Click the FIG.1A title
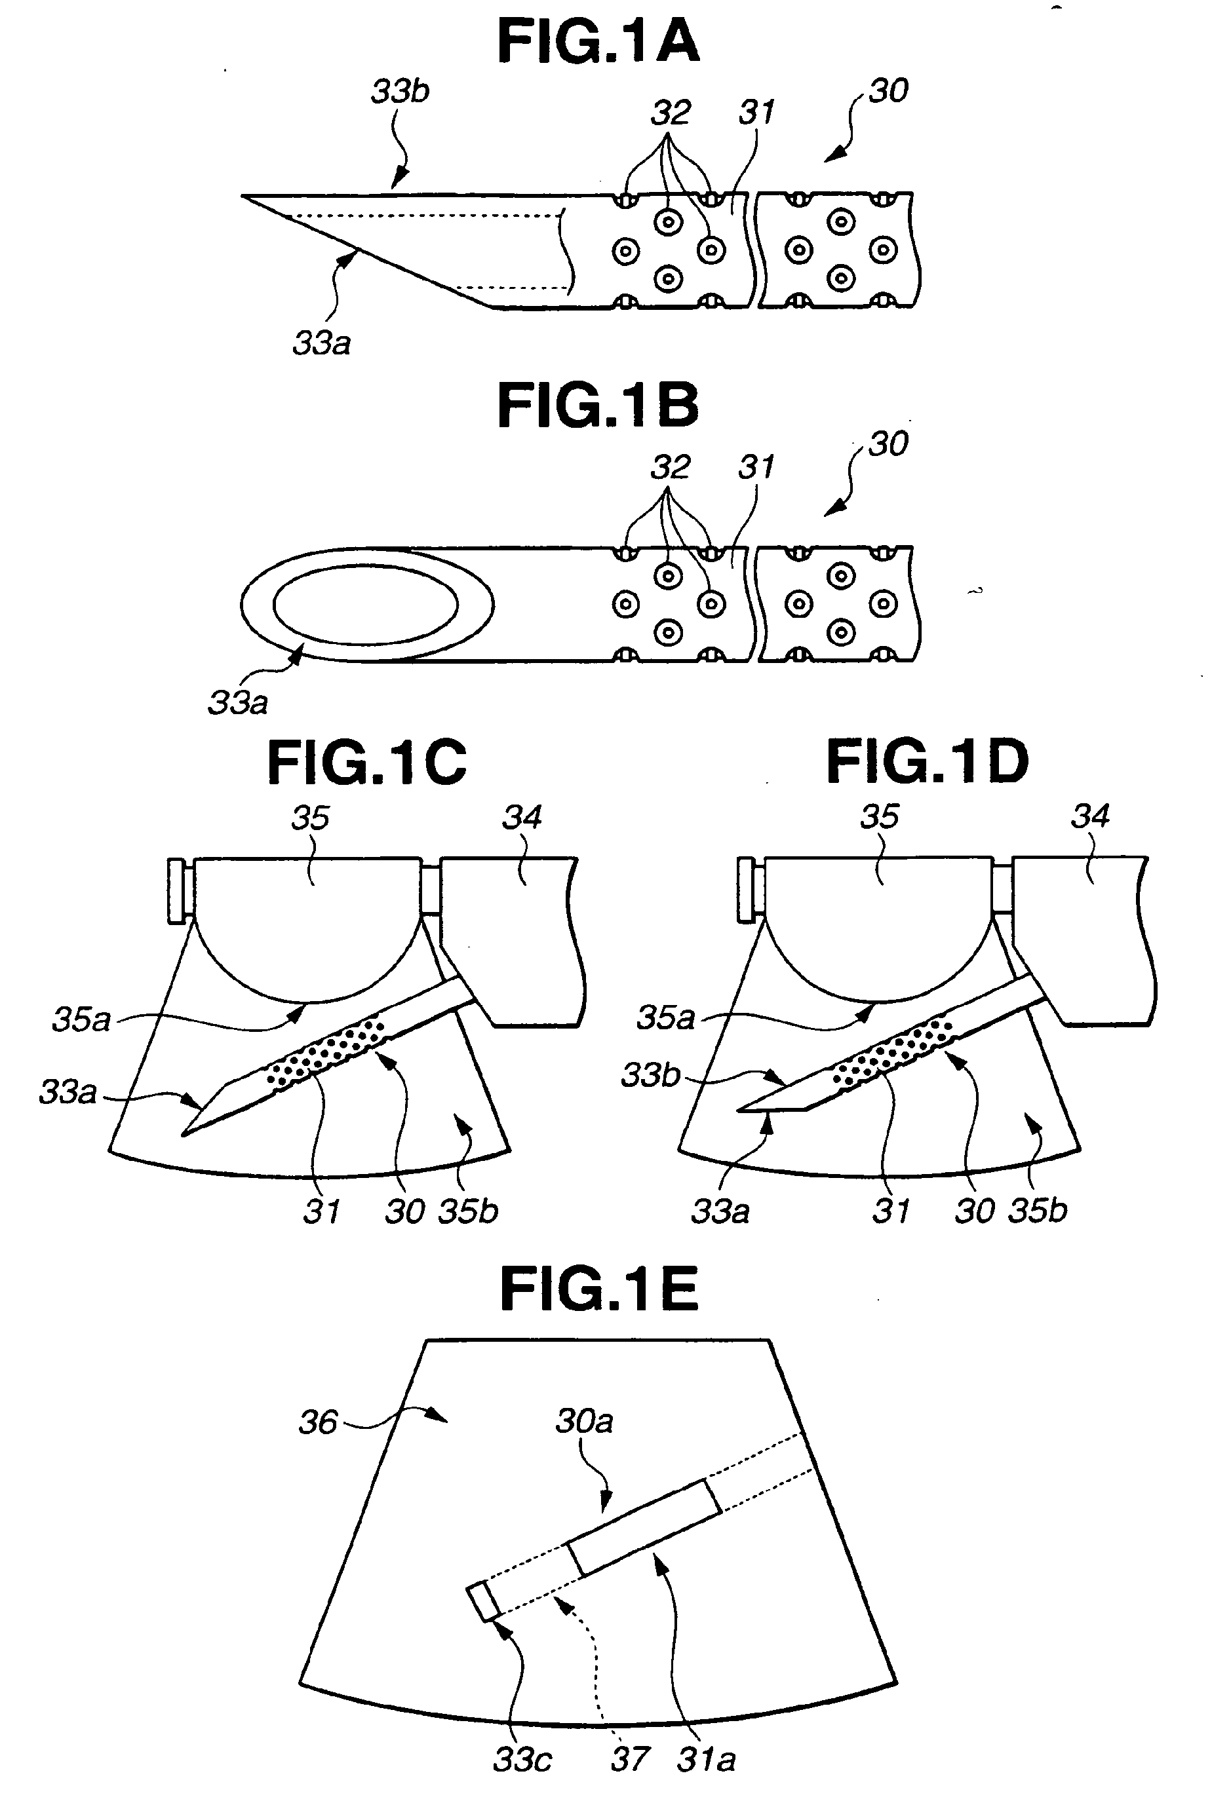[598, 42]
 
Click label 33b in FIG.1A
[400, 92]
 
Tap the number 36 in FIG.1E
[318, 1423]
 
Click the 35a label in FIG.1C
[81, 1019]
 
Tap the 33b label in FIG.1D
[650, 1075]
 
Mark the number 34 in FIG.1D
[1091, 816]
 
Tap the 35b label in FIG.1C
[467, 1211]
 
